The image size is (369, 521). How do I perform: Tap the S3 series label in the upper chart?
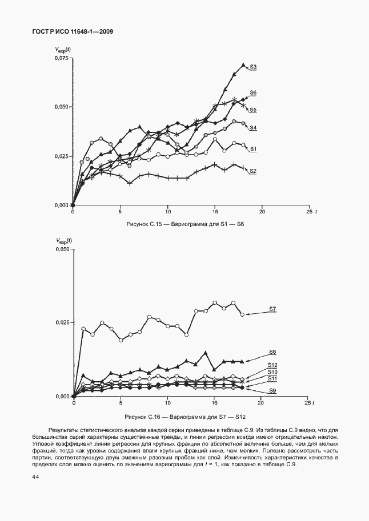tap(252, 67)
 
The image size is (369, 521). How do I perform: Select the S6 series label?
tap(253, 92)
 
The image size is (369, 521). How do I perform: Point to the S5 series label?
tap(252, 110)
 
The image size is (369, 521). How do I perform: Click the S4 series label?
tap(252, 128)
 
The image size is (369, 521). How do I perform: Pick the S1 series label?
tap(252, 149)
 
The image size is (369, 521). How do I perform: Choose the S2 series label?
tap(252, 171)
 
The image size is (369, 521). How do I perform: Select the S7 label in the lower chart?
tap(272, 309)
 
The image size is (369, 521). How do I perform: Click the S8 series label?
tap(272, 352)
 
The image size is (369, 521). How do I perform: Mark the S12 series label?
tap(272, 365)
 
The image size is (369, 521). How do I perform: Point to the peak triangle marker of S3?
tap(243, 64)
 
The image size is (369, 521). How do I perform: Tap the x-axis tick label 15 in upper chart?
tap(215, 212)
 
